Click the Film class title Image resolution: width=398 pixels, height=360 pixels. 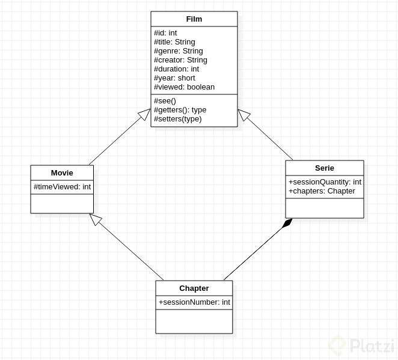(194, 19)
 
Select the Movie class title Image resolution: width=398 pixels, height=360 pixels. (62, 173)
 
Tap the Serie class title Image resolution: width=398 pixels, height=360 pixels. (324, 168)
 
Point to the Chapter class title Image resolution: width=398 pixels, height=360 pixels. (194, 288)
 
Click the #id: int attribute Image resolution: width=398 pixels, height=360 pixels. (165, 33)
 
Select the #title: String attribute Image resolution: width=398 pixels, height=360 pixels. (174, 42)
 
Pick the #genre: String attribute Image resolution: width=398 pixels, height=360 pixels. (178, 51)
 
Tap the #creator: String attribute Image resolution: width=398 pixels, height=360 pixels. (180, 60)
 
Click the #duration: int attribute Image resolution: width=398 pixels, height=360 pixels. (176, 69)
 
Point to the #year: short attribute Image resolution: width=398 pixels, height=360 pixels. (174, 78)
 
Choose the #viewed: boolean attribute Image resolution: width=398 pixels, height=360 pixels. (184, 87)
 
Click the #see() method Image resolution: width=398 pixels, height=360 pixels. (165, 101)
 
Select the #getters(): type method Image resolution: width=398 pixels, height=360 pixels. (180, 110)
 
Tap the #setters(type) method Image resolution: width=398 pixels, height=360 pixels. (177, 119)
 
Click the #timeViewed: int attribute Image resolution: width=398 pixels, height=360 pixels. (62, 187)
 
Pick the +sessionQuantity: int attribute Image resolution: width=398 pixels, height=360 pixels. (325, 182)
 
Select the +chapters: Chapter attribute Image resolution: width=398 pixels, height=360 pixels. (322, 191)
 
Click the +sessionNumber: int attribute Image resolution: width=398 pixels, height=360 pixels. (194, 302)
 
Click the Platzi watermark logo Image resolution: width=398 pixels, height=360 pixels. (361, 346)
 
